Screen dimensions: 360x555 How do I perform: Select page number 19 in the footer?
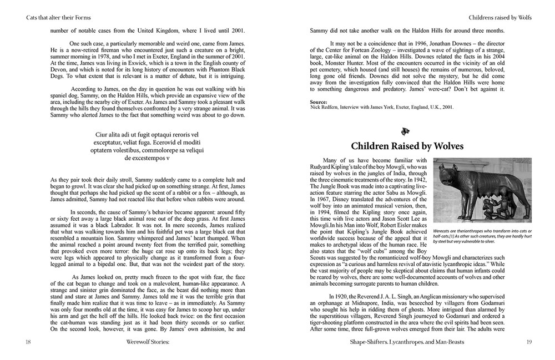pos(528,342)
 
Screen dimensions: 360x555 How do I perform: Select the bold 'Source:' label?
pos(319,102)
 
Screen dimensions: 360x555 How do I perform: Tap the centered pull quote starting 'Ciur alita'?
pos(147,146)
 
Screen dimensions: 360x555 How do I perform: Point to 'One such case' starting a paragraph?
pos(88,43)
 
